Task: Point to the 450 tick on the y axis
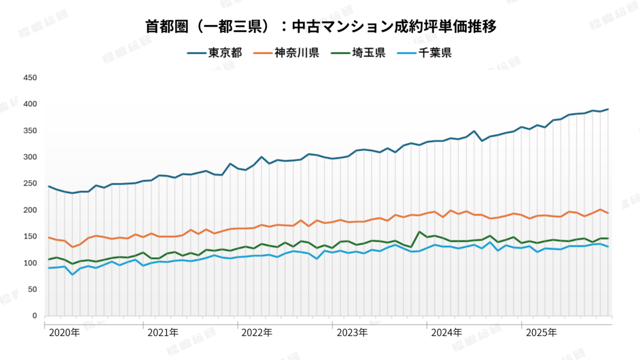pos(31,78)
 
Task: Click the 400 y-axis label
pos(31,104)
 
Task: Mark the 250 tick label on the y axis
pos(31,183)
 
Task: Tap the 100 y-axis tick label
pos(31,263)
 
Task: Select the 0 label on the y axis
pos(35,316)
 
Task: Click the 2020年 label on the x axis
pos(65,333)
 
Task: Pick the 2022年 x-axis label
pos(257,333)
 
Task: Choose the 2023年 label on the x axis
pos(352,333)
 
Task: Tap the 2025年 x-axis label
pos(541,333)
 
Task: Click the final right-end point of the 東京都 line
pos(608,109)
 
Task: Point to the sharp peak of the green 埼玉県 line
pos(420,232)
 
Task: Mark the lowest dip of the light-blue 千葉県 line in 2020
pos(73,274)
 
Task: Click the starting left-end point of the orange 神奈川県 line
pos(49,237)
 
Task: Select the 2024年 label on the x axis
pos(447,333)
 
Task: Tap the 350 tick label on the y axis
pos(31,131)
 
